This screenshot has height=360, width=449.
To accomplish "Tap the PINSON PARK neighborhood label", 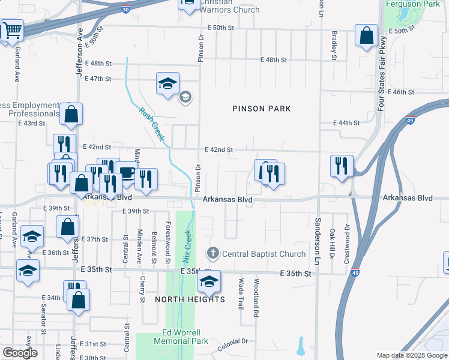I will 262,109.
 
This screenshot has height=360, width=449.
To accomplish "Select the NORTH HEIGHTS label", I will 190,299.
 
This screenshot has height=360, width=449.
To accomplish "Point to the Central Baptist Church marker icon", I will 212,254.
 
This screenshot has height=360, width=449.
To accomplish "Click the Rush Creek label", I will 151,124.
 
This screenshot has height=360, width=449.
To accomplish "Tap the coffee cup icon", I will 127,172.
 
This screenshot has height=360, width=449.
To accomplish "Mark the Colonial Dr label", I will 232,341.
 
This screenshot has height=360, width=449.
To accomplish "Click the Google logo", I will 20,353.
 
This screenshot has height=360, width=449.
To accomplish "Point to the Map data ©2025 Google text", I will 412,355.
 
